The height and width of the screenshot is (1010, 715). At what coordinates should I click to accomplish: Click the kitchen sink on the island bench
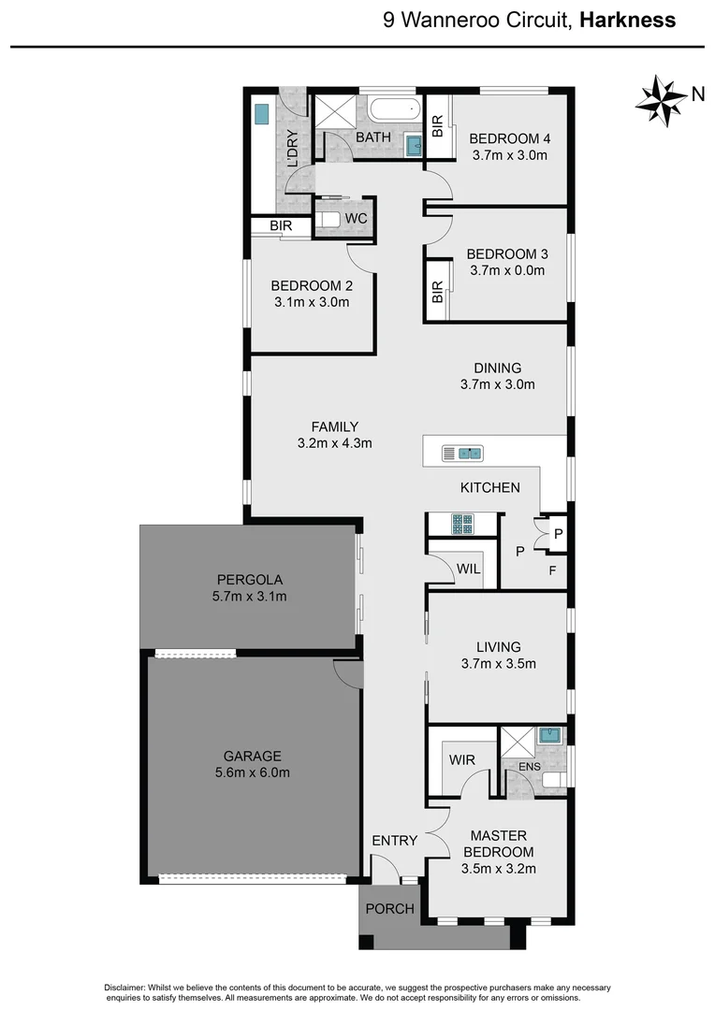pos(461,454)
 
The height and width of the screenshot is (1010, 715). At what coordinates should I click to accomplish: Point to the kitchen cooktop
pos(462,525)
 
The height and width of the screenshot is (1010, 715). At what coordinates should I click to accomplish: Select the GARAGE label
pos(252,756)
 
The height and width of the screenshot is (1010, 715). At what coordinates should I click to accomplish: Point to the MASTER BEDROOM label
pos(498,844)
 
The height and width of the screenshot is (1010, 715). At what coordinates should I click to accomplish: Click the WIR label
pos(462,760)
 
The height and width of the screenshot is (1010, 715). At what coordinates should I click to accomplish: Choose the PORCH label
pos(389,909)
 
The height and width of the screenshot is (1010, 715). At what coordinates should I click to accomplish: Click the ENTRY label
pos(394,841)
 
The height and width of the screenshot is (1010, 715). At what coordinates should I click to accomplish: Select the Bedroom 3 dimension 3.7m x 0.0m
pos(506,271)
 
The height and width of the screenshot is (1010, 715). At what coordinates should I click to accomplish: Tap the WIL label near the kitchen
pos(469,569)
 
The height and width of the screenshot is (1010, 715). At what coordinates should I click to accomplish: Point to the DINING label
pos(497,368)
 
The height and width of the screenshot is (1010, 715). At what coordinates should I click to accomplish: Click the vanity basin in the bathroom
pos(414,146)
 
